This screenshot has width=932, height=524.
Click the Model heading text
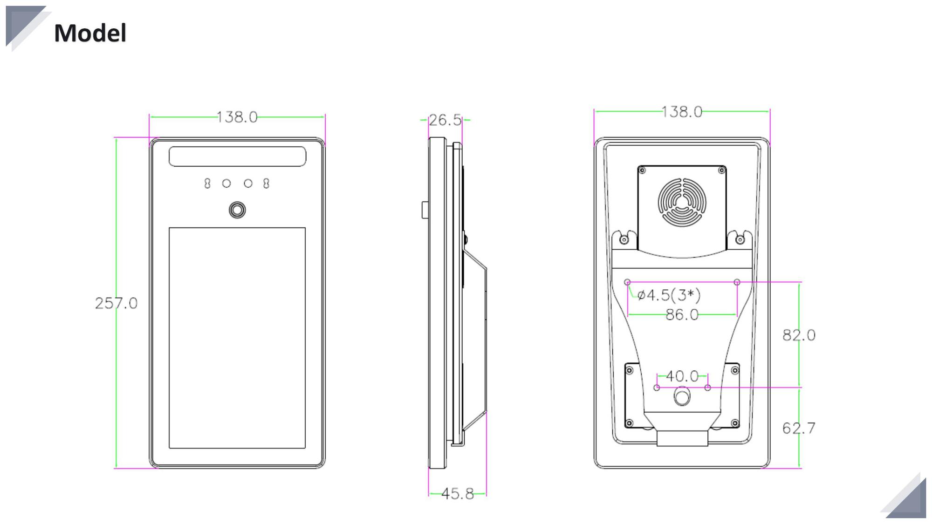pos(90,33)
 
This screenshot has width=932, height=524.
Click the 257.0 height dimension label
pos(116,303)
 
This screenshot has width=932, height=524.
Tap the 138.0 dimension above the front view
pos(237,117)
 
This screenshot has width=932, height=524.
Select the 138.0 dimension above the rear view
pos(681,112)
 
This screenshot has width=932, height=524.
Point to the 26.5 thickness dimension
pos(445,120)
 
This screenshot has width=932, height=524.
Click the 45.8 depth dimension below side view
pos(457,494)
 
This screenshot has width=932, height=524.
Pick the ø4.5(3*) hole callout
pos(669,295)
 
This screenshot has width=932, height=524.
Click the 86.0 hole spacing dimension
pos(682,315)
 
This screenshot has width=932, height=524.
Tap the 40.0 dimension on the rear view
pos(682,376)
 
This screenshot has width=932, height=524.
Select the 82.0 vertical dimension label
pos(799,335)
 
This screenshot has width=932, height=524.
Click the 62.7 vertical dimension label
pos(799,428)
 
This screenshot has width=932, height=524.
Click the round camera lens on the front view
pos(237,210)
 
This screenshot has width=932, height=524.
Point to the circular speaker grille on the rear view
pos(682,203)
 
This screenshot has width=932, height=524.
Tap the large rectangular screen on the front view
pos(237,338)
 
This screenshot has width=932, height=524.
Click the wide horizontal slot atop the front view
pos(237,157)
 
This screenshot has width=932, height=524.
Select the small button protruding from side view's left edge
pos(425,210)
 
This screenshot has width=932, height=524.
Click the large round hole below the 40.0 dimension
pos(682,397)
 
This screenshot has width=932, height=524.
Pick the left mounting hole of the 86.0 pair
pos(627,282)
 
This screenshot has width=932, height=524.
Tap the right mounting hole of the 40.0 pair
pos(707,388)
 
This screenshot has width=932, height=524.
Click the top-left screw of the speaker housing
pos(642,170)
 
